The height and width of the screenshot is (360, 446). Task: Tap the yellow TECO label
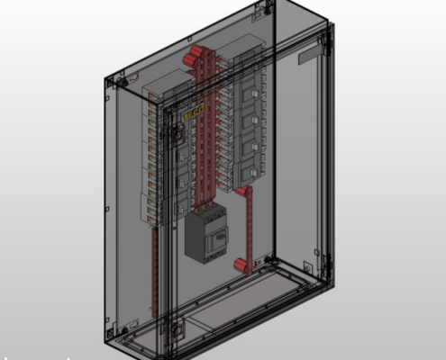coord(192,113)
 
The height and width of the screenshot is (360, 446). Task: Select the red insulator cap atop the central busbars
coord(192,59)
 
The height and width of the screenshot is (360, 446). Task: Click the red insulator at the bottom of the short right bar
coord(241,265)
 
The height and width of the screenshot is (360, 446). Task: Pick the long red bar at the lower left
coord(156,270)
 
